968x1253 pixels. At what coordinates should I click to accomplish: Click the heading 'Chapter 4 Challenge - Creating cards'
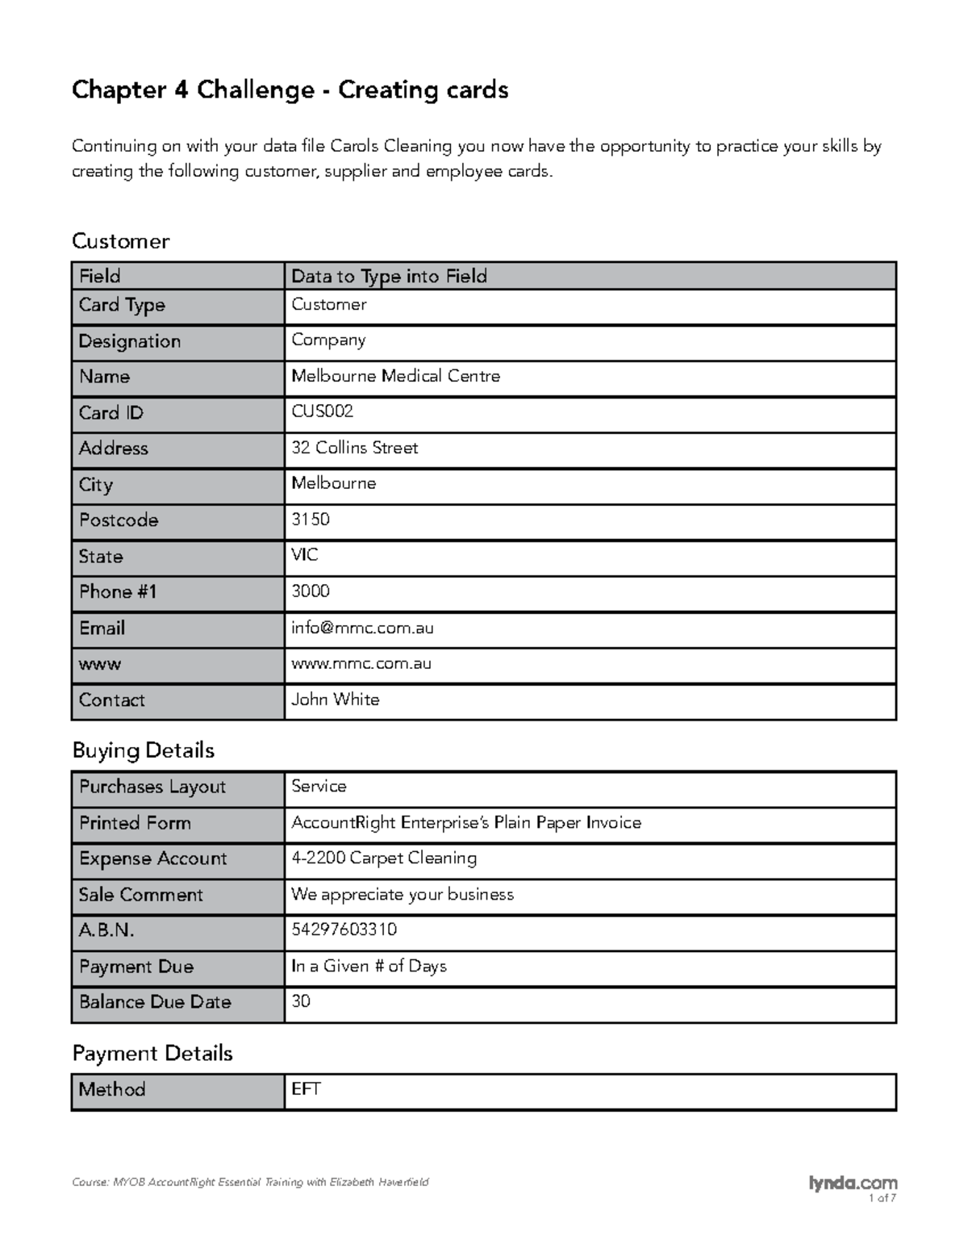pos(290,90)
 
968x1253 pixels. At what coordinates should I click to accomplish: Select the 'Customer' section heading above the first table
pos(120,241)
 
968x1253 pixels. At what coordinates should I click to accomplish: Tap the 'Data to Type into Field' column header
pos(389,276)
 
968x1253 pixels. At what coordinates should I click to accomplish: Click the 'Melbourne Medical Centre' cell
pos(395,376)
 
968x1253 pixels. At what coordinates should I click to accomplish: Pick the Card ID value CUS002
pos(322,411)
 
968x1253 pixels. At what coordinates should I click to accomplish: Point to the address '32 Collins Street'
pos(354,448)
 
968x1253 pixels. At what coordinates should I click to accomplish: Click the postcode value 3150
pos(310,519)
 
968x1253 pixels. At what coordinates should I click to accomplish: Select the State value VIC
pos(304,555)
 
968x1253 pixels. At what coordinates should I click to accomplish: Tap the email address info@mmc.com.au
pos(362,628)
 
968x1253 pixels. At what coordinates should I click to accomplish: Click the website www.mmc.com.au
pos(361,663)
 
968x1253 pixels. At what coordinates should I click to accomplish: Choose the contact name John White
pos(335,700)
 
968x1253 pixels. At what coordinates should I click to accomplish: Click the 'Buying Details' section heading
pos(143,750)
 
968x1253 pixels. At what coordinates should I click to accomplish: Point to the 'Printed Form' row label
pos(135,823)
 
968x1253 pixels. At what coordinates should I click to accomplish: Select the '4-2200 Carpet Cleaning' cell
pos(383,858)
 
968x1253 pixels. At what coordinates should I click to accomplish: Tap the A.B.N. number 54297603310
pos(344,929)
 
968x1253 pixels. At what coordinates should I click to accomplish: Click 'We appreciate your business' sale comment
pos(402,894)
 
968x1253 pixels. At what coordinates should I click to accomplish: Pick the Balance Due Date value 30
pos(300,1001)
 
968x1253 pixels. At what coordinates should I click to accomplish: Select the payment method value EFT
pos(306,1089)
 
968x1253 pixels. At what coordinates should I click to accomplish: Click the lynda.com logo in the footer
pos(852,1183)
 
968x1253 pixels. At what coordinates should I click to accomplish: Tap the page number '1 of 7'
pos(882,1199)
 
